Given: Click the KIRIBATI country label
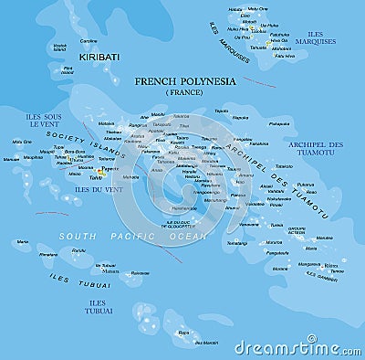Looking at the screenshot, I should tap(99, 57).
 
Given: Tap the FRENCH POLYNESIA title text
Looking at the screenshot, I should tap(184, 81).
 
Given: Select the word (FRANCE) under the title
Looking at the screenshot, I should tap(185, 92).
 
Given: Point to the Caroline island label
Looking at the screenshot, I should tap(89, 41).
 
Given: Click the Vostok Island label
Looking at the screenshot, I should tap(60, 47).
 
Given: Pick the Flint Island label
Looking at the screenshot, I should tap(68, 69).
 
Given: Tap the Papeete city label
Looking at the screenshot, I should tap(110, 168).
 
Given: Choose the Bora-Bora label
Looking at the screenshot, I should tap(75, 152).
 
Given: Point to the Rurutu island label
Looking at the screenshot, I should tap(78, 249).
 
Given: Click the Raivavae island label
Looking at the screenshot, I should tap(139, 273).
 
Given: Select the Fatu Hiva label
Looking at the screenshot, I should tap(284, 56).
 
